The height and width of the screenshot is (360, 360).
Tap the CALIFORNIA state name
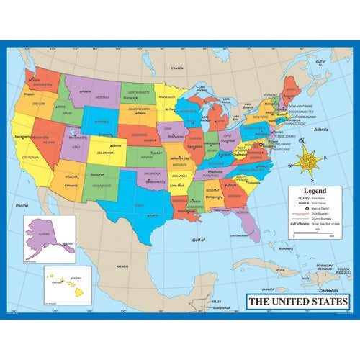click(32, 158)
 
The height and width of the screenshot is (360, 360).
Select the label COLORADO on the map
click(104, 152)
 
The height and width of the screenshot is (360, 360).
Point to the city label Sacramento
click(21, 135)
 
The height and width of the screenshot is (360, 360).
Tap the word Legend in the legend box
click(314, 191)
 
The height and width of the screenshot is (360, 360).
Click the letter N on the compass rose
click(303, 142)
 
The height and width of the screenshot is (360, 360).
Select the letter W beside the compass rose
click(289, 167)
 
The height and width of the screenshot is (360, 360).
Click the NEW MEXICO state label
click(101, 184)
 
